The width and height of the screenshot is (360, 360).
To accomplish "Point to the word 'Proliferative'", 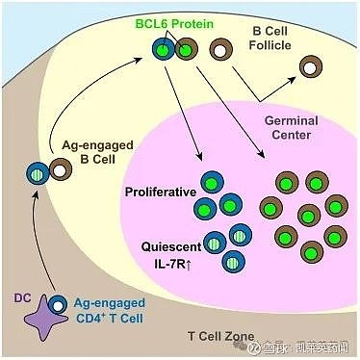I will [x=161, y=193].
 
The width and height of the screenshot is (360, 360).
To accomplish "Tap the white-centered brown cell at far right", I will [x=311, y=66].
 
